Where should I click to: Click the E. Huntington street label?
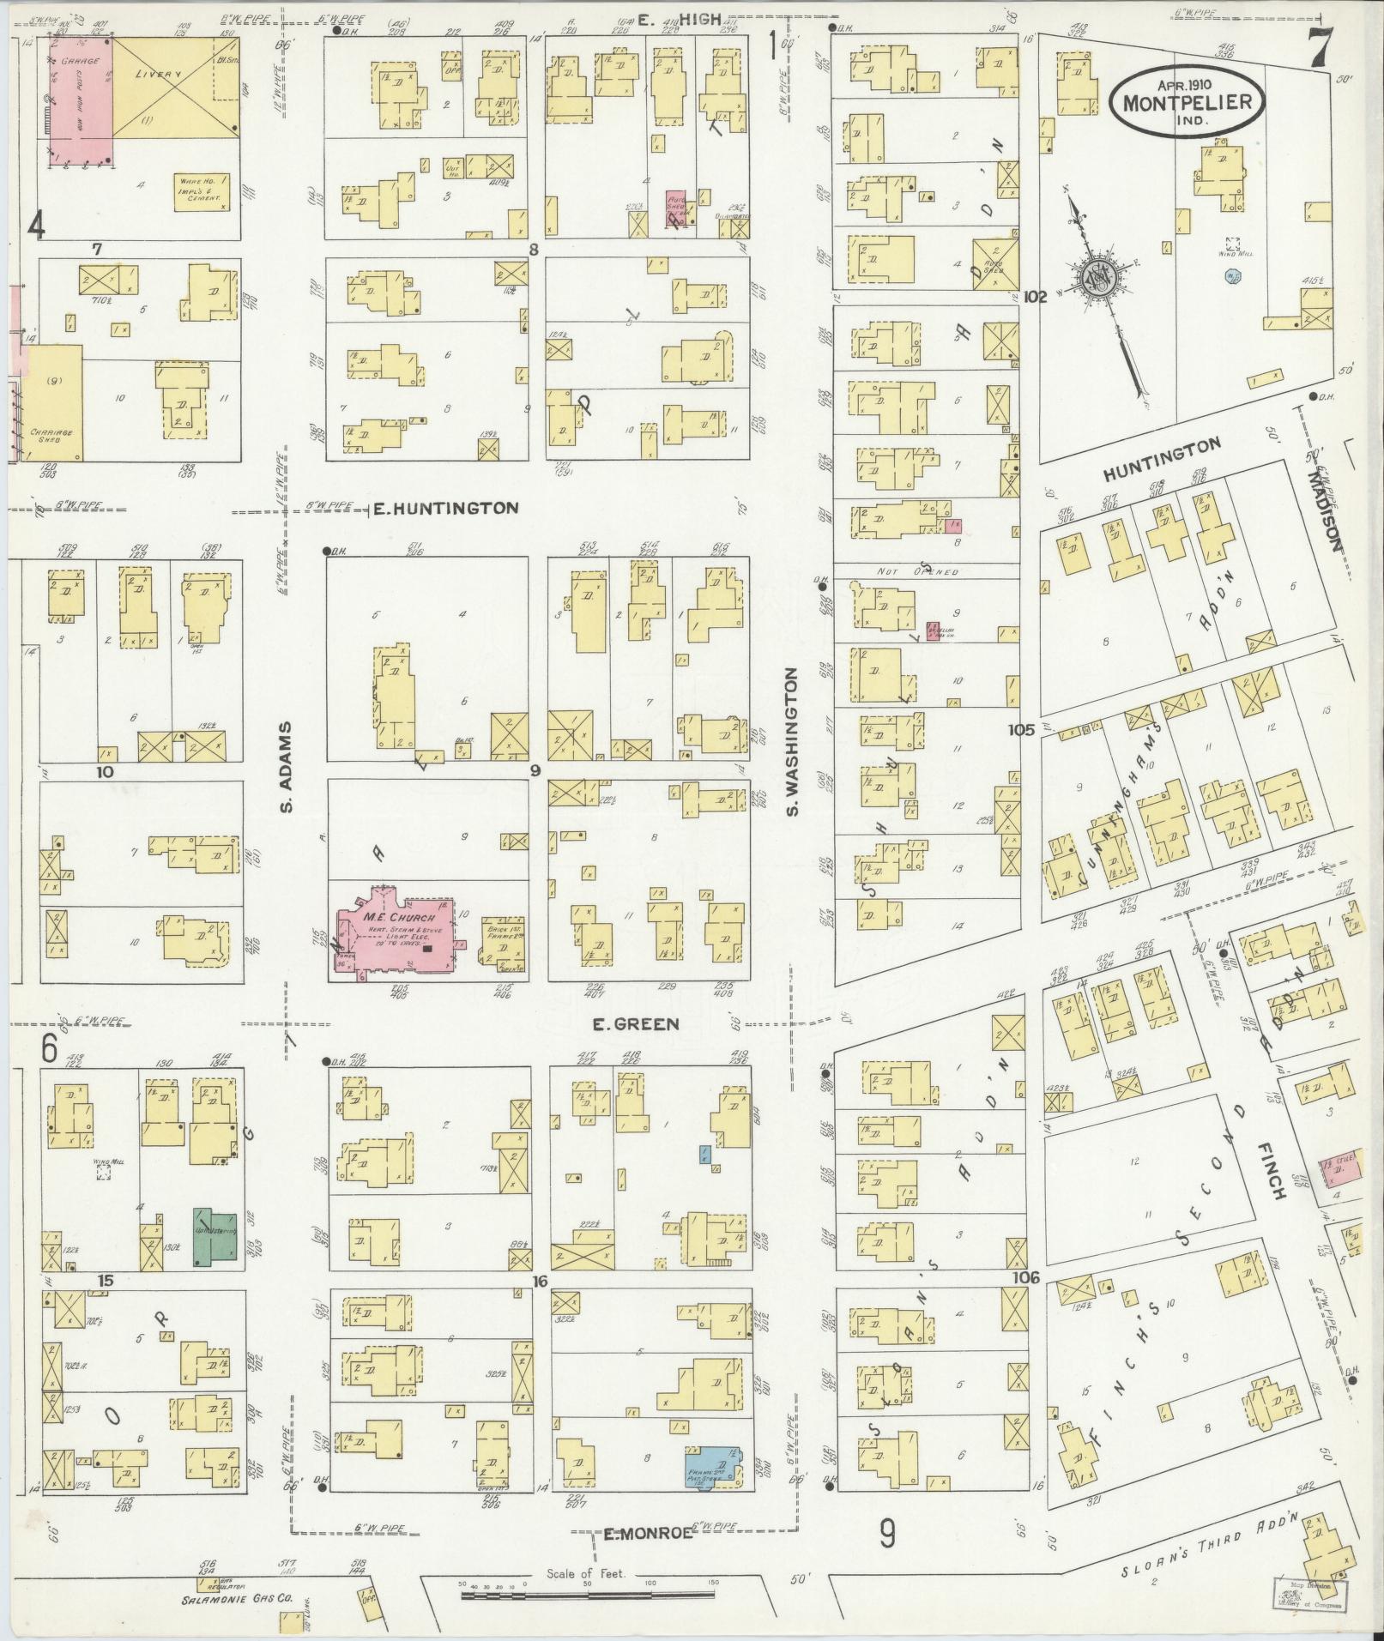pos(445,509)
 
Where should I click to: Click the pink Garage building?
pos(80,99)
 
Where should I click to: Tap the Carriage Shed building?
pos(53,403)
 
